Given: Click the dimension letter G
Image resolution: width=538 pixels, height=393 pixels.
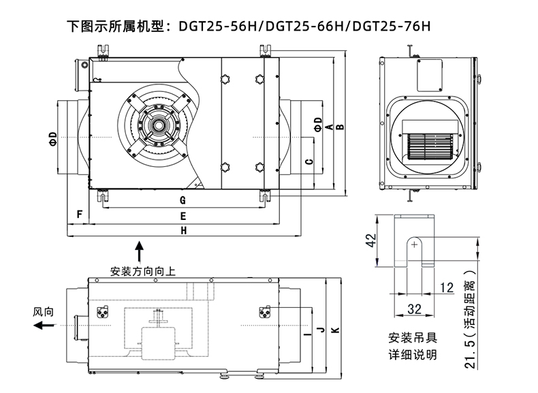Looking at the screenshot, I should [x=183, y=200].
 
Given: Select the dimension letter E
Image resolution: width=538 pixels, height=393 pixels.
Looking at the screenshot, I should [x=183, y=215].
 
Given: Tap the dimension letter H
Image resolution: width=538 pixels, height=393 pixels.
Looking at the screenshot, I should [x=183, y=231].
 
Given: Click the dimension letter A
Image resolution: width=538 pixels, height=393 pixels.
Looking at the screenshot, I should [x=328, y=127].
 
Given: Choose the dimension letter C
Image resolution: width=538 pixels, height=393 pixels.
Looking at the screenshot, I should [x=308, y=162].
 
